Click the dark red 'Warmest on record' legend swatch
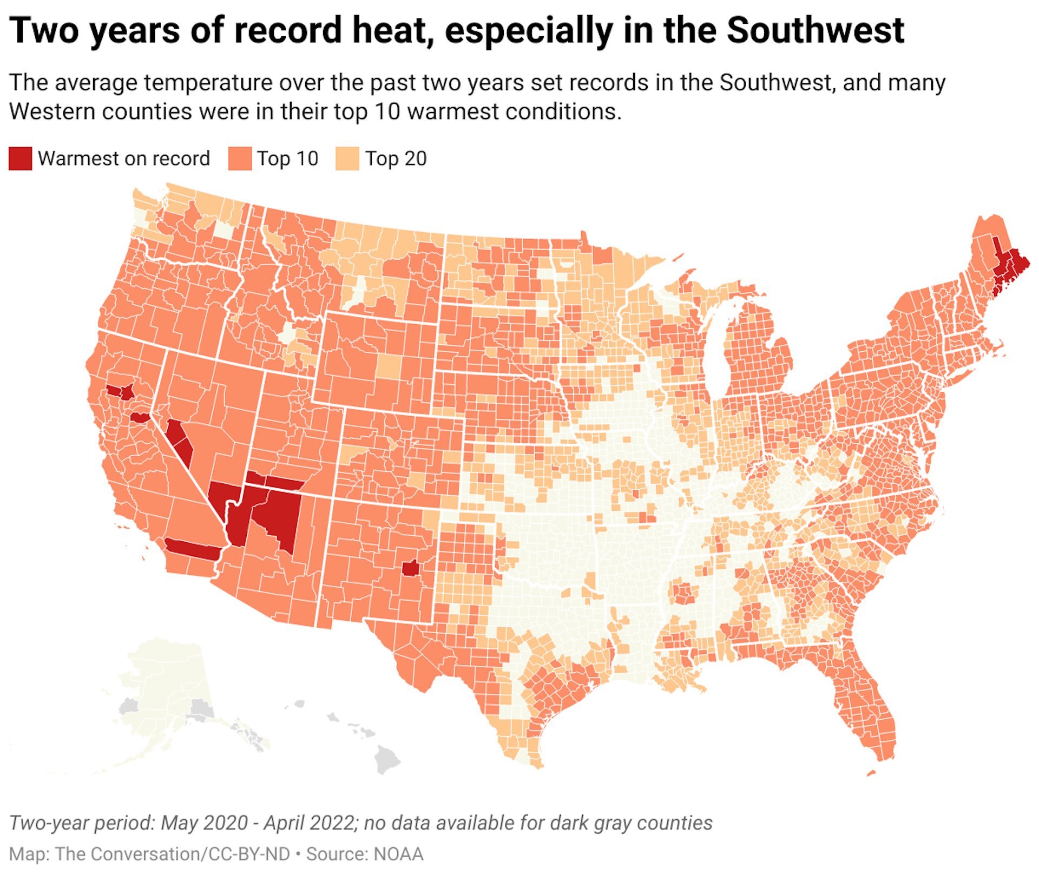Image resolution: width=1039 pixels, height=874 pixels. pos(20,159)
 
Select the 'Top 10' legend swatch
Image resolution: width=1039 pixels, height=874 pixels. pos(240,159)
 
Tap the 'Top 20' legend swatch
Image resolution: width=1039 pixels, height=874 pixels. pos(347,159)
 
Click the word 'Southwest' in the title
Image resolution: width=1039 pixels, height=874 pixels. pos(815,30)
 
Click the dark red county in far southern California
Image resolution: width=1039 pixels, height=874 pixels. pos(192,550)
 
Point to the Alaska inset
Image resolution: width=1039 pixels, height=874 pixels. pos(162,698)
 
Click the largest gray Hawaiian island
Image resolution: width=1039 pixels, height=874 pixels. pos(387,758)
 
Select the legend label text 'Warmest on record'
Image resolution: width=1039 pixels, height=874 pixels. pos(124,159)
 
